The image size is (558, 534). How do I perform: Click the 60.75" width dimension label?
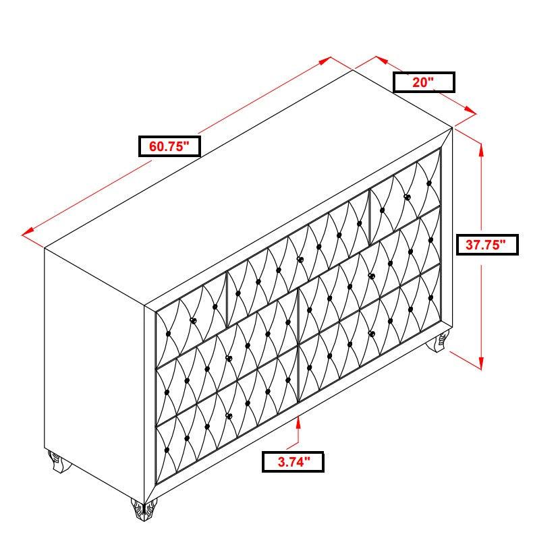point(169,146)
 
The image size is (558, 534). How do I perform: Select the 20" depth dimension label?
point(424,82)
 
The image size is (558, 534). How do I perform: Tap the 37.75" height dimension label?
point(487,245)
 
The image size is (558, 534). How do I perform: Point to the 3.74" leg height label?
point(293,462)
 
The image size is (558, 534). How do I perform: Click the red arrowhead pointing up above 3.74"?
point(298,421)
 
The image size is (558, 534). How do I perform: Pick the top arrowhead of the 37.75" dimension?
point(481,150)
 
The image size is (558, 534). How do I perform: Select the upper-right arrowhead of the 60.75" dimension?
point(326,61)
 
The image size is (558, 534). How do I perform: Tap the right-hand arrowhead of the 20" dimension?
point(471,111)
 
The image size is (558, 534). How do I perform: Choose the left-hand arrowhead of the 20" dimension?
point(381,60)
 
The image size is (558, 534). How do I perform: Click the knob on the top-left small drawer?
point(193,321)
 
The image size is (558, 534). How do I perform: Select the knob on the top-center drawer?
point(300,260)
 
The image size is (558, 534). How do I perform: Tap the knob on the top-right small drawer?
point(407,197)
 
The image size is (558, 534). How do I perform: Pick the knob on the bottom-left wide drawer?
point(229,415)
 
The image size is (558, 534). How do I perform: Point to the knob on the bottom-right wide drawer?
point(371,334)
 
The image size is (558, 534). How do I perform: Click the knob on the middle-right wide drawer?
point(371,276)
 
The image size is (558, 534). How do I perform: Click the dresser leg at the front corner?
point(144,510)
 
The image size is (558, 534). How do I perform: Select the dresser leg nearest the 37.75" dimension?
point(438,341)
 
